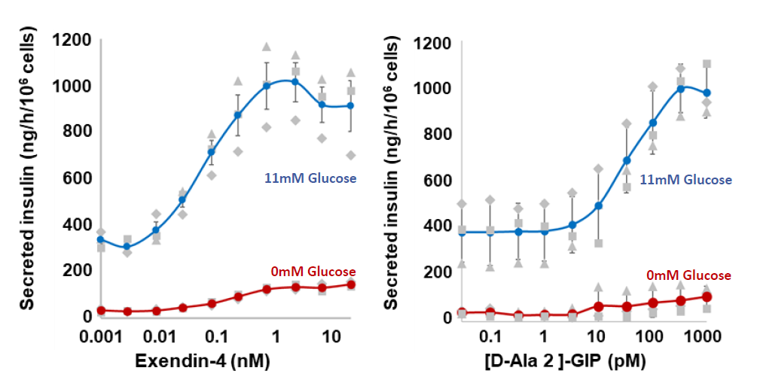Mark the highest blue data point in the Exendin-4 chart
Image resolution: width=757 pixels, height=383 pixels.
(295, 81)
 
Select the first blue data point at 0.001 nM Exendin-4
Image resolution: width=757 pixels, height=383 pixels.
(101, 240)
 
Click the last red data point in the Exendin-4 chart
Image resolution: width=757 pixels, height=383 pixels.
(351, 284)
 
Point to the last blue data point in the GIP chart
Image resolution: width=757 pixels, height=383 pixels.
(707, 93)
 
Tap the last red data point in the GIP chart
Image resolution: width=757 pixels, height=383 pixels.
(707, 296)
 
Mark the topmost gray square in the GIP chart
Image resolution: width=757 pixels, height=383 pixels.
(707, 64)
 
